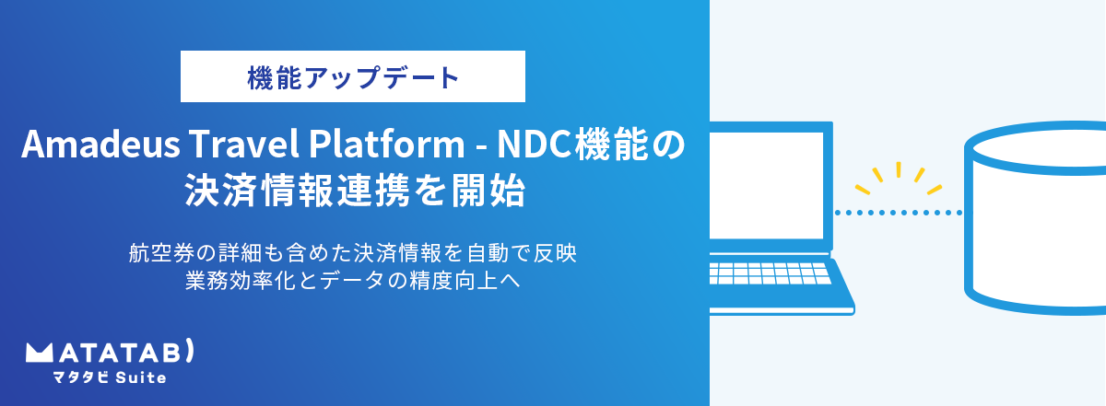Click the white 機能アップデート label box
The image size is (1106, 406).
(x=352, y=76)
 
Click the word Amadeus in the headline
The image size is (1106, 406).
(x=100, y=144)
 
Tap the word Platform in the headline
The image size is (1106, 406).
(x=386, y=144)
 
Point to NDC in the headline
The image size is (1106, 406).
(x=535, y=144)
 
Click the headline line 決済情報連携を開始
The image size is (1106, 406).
(x=355, y=190)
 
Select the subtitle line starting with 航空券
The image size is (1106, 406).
(x=352, y=253)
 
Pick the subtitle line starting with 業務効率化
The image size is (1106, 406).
(x=352, y=281)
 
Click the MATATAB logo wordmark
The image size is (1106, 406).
(x=110, y=352)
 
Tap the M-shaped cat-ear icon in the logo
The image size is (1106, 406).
(x=39, y=354)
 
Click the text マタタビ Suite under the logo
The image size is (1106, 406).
(x=110, y=377)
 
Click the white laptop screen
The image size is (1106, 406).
(x=766, y=185)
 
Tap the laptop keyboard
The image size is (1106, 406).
(x=770, y=273)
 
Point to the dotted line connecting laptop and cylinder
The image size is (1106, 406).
(x=898, y=213)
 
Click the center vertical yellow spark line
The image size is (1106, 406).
(x=899, y=169)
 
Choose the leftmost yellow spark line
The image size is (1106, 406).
(x=863, y=189)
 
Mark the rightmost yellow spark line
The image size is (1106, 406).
(x=935, y=190)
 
